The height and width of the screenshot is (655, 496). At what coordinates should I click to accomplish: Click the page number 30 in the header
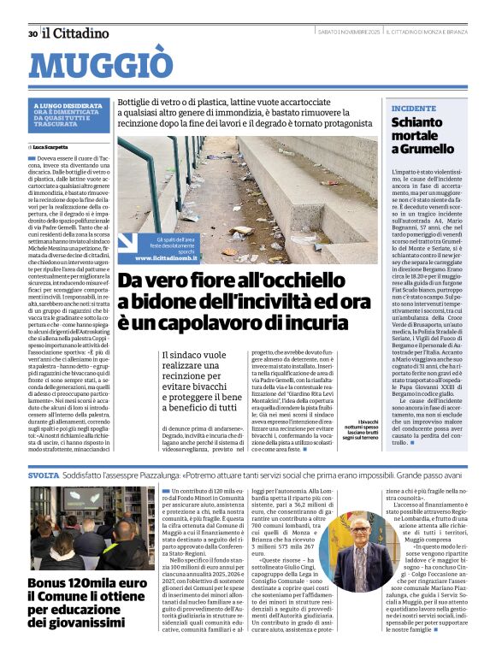(x=32, y=33)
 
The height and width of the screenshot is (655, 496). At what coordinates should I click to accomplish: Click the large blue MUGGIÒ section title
(x=101, y=65)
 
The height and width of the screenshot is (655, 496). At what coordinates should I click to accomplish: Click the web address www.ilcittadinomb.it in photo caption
(x=168, y=257)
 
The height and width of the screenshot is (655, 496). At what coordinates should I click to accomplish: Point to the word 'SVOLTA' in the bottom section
(x=43, y=474)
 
